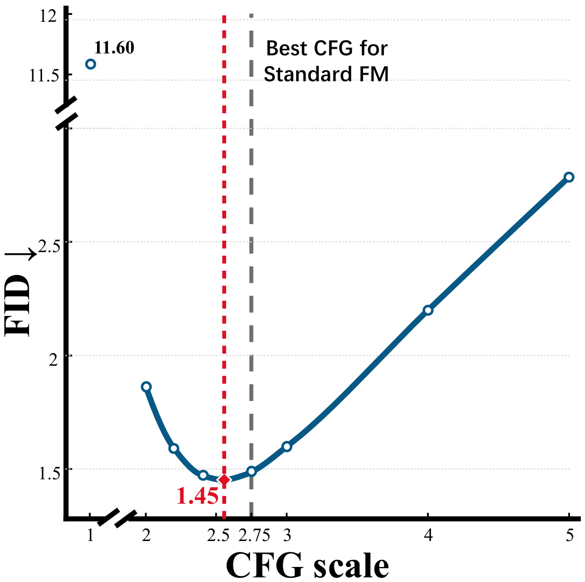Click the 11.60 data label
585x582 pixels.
pos(114,47)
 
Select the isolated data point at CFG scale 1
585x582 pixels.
pos(90,64)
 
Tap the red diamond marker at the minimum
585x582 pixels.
pos(224,479)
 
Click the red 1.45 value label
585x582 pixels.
pos(197,496)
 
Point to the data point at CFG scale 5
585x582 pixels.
pos(568,177)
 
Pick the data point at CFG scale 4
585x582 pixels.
pos(428,310)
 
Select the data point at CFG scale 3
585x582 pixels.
pos(286,446)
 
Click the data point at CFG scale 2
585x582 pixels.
pos(146,386)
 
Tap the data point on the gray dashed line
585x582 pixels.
pos(252,471)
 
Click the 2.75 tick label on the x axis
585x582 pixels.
pos(254,536)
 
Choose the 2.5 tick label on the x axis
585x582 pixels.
pos(218,536)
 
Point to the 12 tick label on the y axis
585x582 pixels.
pos(49,17)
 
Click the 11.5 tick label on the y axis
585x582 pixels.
pos(44,76)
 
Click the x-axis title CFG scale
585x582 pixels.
pos(307,565)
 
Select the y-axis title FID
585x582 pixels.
pos(17,306)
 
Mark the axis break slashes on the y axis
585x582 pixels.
pos(67,113)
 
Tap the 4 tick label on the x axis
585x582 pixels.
pos(428,536)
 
